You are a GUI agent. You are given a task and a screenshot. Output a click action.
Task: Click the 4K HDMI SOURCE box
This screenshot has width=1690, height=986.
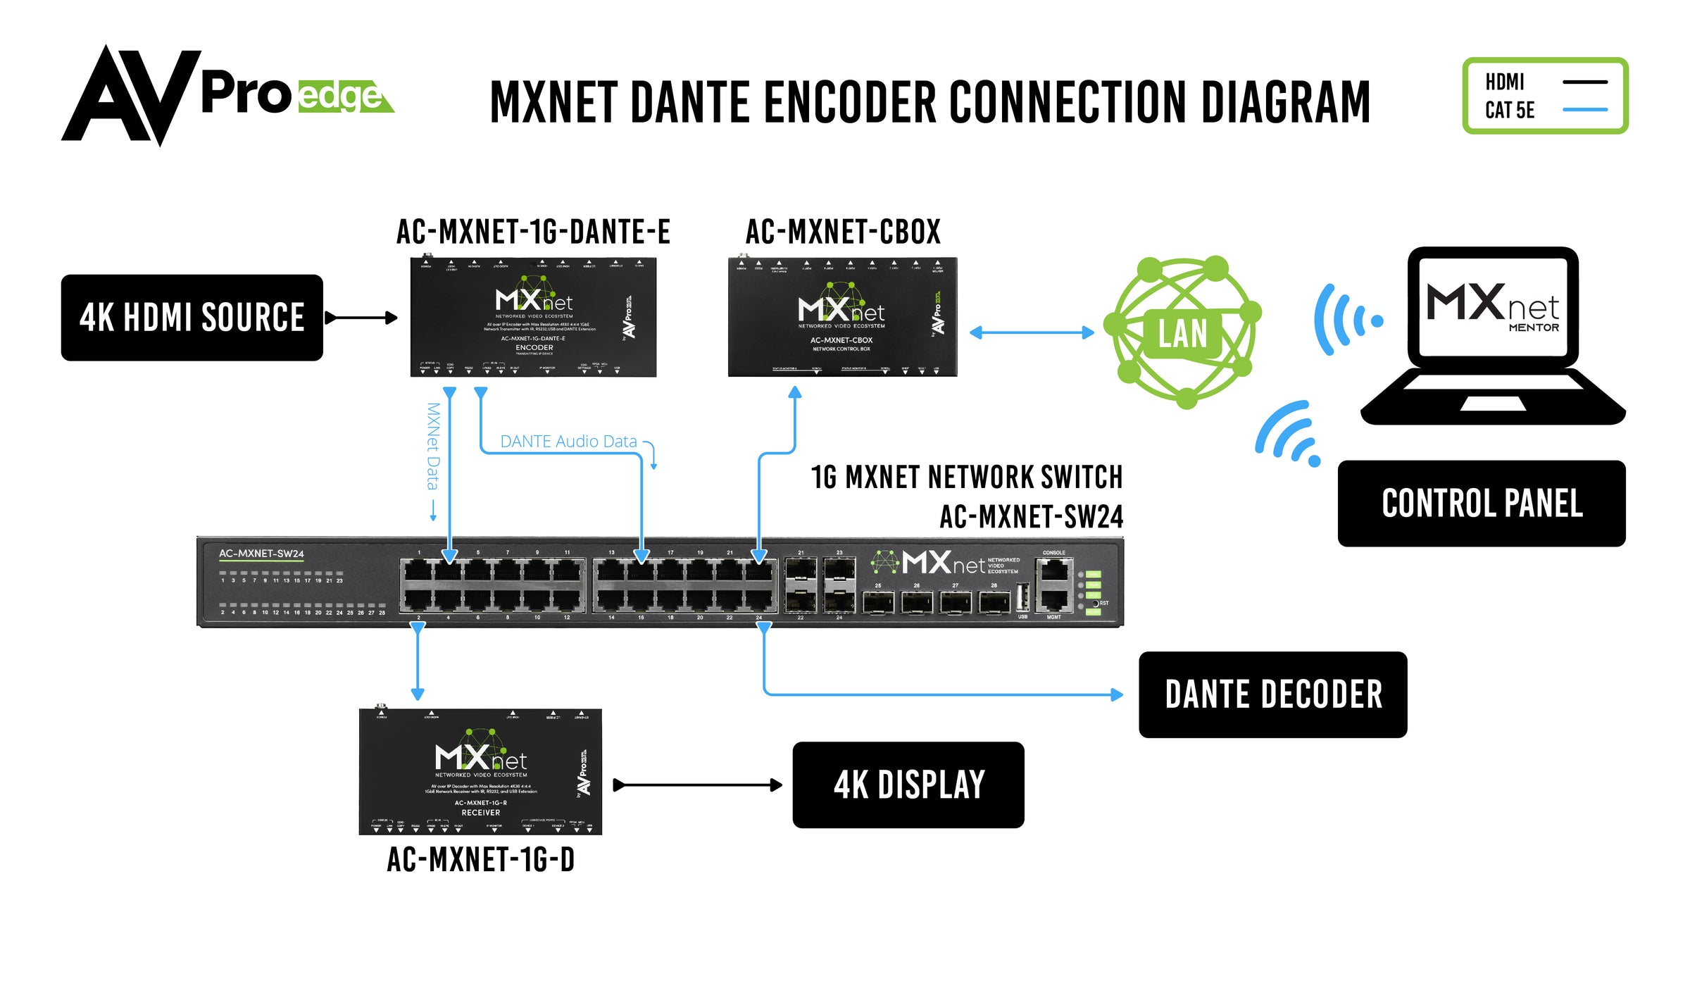click(x=192, y=318)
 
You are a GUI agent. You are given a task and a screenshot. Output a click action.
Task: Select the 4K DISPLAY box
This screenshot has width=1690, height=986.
click(x=908, y=785)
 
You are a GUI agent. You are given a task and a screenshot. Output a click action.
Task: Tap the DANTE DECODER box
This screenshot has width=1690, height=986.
click(x=1272, y=694)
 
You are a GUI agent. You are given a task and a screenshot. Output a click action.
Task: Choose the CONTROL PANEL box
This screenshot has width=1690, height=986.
click(x=1482, y=504)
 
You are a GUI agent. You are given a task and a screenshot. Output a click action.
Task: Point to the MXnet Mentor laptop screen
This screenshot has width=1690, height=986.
click(x=1492, y=307)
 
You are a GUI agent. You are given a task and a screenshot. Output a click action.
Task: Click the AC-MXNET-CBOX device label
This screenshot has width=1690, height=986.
click(x=843, y=232)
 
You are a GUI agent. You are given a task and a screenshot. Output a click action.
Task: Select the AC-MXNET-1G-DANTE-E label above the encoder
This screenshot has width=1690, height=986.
click(x=533, y=232)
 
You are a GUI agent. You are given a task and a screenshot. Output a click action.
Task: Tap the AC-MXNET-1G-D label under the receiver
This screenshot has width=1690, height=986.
click(x=481, y=860)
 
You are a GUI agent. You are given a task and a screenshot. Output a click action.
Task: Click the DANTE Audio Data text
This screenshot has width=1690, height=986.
click(x=568, y=442)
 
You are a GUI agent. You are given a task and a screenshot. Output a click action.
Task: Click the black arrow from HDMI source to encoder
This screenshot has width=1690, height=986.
click(x=361, y=318)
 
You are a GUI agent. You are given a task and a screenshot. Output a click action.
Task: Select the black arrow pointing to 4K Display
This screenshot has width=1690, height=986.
click(x=697, y=785)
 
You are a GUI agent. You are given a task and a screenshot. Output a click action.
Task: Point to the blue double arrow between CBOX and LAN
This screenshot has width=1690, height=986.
click(x=1032, y=332)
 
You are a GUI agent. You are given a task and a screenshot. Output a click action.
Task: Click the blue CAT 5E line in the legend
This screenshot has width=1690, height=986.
click(x=1584, y=110)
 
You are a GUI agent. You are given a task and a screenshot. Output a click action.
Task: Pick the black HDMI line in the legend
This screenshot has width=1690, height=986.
click(x=1584, y=82)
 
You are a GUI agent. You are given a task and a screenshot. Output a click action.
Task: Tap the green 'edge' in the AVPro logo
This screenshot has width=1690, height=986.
click(x=341, y=97)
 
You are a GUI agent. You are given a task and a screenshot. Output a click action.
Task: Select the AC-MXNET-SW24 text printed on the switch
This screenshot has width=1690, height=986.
click(x=261, y=554)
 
